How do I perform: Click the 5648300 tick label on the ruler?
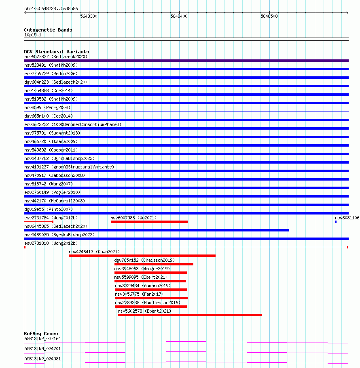[x=89, y=16]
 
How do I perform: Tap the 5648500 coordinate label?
[x=269, y=16]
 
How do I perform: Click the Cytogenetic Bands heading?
[x=48, y=30]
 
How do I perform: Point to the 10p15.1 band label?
[x=32, y=35]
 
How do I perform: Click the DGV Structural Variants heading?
[x=56, y=52]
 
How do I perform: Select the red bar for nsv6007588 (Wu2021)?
[x=149, y=221]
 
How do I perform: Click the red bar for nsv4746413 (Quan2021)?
[x=142, y=255]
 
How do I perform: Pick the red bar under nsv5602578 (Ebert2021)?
[x=190, y=315]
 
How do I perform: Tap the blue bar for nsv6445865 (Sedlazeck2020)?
[x=156, y=230]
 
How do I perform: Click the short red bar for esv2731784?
[x=38, y=221]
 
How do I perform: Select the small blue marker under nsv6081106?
[x=336, y=221]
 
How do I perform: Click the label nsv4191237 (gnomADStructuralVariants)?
[x=69, y=167]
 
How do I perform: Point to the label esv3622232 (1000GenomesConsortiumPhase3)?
[x=72, y=124]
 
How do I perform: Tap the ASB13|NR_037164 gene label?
[x=42, y=339]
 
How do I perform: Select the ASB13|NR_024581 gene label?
[x=42, y=358]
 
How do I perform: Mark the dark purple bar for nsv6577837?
[x=186, y=61]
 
